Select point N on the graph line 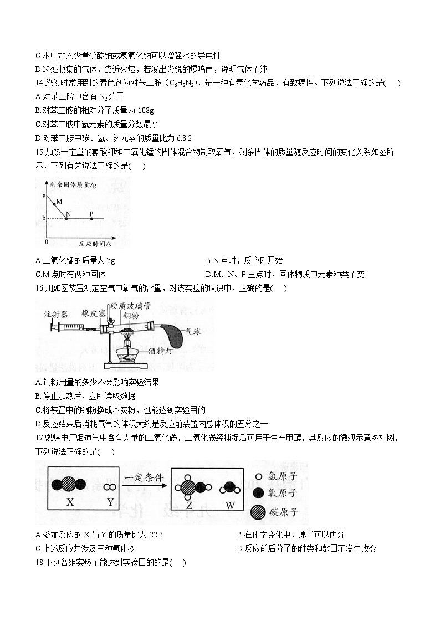coord(66,219)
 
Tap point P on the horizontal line coord(91,219)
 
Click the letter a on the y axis coord(44,196)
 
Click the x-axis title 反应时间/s coord(94,243)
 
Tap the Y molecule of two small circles coord(110,486)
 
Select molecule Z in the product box coord(188,488)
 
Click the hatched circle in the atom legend coord(258,512)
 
